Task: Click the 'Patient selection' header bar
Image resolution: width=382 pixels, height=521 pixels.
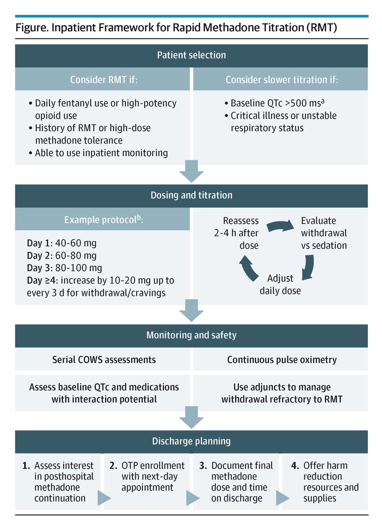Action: tap(191, 55)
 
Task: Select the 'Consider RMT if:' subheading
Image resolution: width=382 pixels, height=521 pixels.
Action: tap(102, 80)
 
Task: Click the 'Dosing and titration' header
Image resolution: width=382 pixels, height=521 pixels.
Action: tap(191, 195)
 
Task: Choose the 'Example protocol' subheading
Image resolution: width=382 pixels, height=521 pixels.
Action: tap(102, 219)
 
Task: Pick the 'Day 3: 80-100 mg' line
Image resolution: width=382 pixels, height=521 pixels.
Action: tap(64, 268)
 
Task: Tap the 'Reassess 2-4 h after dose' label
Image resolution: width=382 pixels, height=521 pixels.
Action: tap(240, 233)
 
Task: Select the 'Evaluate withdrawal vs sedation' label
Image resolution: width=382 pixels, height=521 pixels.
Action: tap(323, 233)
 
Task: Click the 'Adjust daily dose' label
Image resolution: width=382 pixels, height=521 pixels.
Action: tap(280, 284)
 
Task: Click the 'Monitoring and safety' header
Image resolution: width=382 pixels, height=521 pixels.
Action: tap(191, 335)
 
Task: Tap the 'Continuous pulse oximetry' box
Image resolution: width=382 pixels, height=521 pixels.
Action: tap(282, 360)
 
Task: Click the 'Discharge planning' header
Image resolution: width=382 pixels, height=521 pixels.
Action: tap(191, 441)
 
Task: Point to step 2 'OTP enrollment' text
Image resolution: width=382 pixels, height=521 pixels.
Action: tap(153, 477)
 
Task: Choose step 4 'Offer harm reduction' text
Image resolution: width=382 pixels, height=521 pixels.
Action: tap(331, 482)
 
